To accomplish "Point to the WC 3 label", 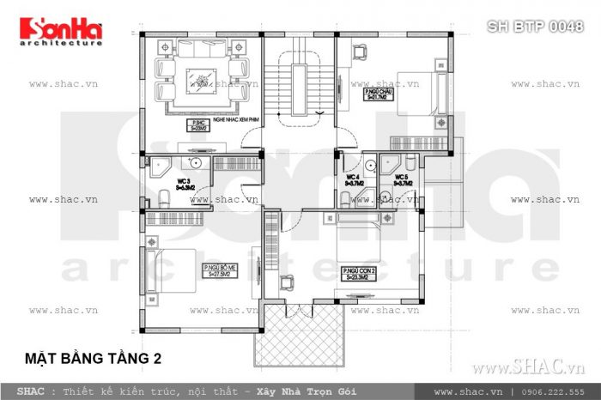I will (x=183, y=183).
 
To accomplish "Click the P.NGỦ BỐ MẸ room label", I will (x=215, y=272).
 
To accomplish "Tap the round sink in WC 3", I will (x=197, y=162).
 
